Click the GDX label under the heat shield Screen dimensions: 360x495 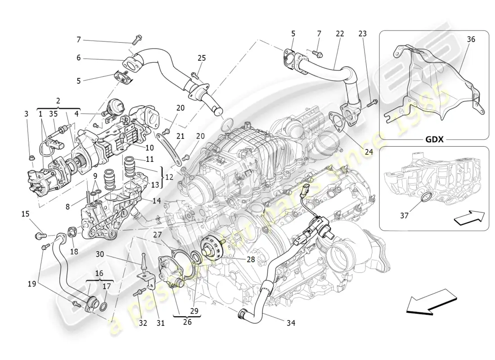[x=435, y=139]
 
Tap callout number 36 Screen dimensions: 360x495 [x=471, y=39]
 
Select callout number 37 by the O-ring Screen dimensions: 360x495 [x=404, y=216]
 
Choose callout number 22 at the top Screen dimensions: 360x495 [x=340, y=34]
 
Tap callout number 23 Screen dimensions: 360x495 [x=363, y=34]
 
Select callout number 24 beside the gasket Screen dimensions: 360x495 [x=369, y=152]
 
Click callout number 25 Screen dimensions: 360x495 [x=202, y=58]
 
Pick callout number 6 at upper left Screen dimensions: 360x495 [x=78, y=58]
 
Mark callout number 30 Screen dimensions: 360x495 [x=99, y=254]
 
